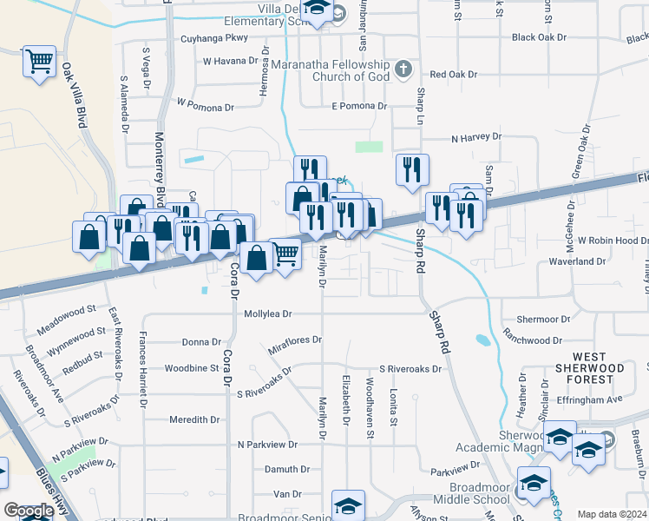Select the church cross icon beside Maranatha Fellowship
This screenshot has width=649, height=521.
click(403, 68)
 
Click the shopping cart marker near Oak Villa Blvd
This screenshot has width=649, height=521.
click(39, 62)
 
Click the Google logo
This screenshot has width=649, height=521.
click(28, 511)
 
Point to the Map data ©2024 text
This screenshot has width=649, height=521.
click(613, 514)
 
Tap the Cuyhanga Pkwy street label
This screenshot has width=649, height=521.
click(213, 38)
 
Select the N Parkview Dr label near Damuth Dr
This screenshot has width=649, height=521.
click(267, 444)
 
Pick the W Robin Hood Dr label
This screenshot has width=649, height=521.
click(613, 240)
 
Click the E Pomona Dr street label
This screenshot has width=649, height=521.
click(358, 106)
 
